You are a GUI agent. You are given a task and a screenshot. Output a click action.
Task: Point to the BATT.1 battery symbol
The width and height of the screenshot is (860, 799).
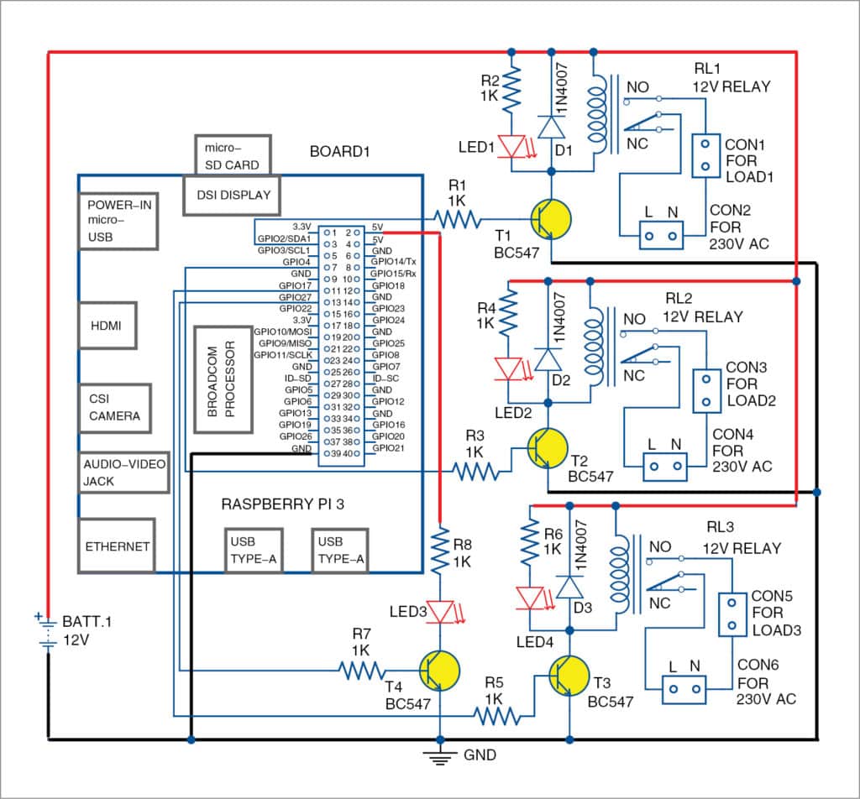click(x=47, y=631)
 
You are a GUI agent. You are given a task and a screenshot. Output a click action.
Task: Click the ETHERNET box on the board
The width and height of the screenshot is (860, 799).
click(x=117, y=546)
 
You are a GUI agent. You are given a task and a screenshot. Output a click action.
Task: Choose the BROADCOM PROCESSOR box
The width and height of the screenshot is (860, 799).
click(x=223, y=379)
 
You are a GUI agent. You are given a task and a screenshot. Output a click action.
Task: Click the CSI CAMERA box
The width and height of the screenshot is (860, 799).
click(x=114, y=408)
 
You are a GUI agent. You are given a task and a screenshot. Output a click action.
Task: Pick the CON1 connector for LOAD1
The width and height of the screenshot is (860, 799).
click(x=705, y=154)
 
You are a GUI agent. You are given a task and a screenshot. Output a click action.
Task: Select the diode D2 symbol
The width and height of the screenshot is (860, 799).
click(x=548, y=360)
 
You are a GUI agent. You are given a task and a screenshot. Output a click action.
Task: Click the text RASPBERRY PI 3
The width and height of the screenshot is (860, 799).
click(x=283, y=504)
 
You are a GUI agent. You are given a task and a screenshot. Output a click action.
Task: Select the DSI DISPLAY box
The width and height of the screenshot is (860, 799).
click(x=232, y=195)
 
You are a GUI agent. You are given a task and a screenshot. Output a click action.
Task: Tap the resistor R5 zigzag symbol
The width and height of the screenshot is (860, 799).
click(x=498, y=716)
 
